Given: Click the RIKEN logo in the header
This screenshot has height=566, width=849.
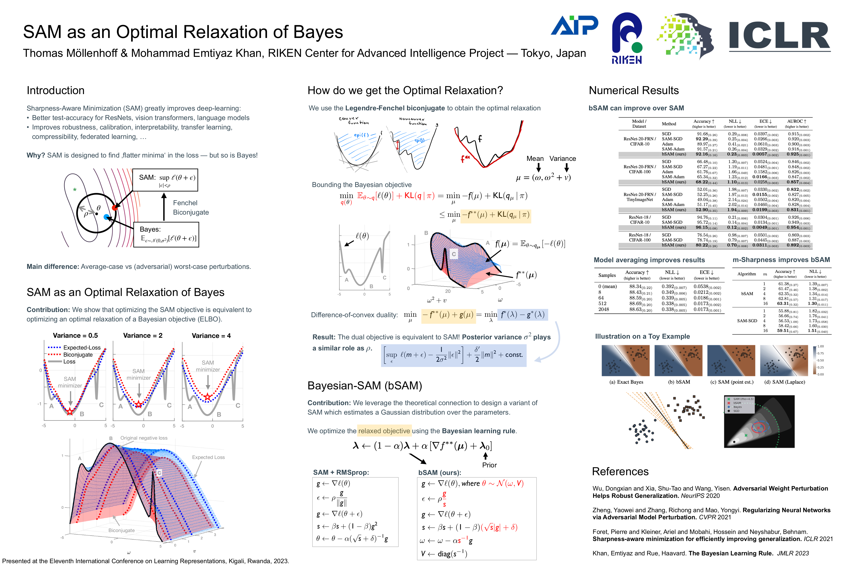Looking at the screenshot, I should coord(627,38).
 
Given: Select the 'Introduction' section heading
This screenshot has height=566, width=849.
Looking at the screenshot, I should coord(56,90).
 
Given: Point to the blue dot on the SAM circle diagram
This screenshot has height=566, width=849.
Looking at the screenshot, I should coord(106,217).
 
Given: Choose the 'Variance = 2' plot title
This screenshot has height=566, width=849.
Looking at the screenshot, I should coord(143,335).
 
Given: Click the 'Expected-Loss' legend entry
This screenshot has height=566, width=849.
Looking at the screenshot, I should coord(82,348).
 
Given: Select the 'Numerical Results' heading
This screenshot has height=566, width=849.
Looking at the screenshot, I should coord(633,90).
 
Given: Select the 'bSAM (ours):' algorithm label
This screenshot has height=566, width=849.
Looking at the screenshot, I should coord(440,473).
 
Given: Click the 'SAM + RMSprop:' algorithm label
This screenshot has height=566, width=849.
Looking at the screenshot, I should coord(341,473).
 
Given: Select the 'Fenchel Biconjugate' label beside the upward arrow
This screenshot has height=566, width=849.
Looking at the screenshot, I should coord(191,208).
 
